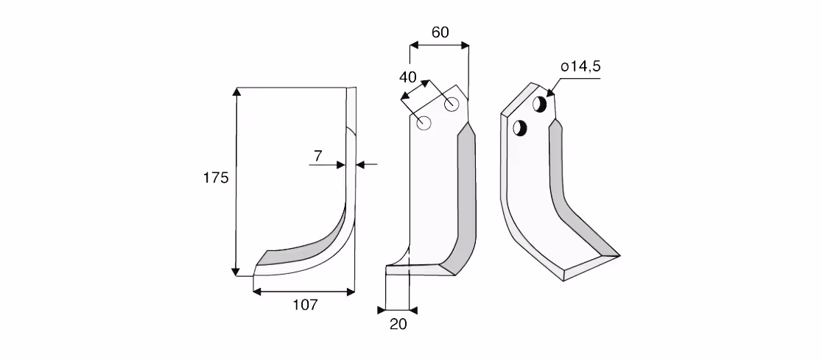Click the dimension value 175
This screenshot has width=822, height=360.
[x=216, y=178]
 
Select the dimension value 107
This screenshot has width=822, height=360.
[x=305, y=305]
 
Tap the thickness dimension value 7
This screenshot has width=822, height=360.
[x=318, y=155]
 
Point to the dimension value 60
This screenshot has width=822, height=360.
[x=440, y=32]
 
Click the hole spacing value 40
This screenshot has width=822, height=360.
[x=408, y=77]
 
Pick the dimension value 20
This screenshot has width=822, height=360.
[x=398, y=325]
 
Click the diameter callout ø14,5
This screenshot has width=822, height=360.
[x=581, y=66]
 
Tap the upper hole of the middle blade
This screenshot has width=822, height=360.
[x=452, y=105]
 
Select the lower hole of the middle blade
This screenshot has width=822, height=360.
[x=424, y=123]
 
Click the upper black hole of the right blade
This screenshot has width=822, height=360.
[x=540, y=104]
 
